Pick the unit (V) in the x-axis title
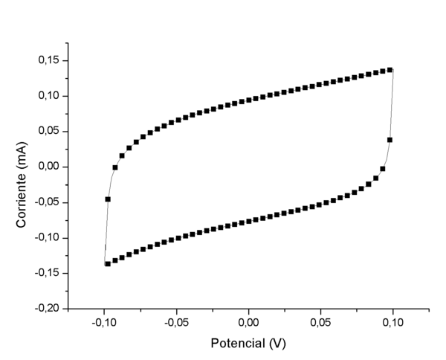[x=277, y=344]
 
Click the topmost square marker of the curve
[x=390, y=70]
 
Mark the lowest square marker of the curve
[x=108, y=263]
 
